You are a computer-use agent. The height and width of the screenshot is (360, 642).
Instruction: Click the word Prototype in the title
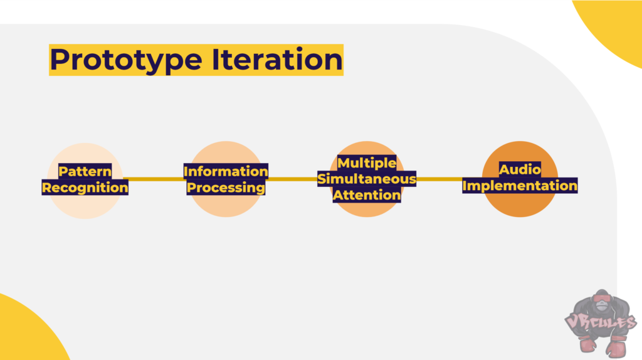point(126,60)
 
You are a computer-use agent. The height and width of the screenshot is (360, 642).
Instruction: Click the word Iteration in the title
point(277,60)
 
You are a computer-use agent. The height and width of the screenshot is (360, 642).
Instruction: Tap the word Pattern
point(85,171)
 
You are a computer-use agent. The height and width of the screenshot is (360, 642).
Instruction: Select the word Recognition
point(85,188)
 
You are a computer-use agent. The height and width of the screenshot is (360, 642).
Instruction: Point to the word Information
point(226,171)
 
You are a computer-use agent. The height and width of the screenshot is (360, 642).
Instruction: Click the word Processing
point(226,188)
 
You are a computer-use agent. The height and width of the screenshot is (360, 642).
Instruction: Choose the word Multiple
point(366,163)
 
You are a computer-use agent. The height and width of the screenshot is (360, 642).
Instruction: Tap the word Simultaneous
point(366,179)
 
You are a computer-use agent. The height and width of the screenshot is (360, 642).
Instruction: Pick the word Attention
point(366,195)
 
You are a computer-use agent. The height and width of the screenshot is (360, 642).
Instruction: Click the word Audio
point(520,169)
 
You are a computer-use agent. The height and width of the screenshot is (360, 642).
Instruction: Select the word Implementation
point(520,186)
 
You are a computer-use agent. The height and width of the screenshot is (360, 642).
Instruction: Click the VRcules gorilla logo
point(601,323)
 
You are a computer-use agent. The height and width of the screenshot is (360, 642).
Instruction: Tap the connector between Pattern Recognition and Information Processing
point(153,179)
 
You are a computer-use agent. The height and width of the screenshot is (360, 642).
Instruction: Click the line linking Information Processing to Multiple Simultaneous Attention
point(292,179)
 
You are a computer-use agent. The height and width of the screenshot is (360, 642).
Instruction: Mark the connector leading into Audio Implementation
point(439,179)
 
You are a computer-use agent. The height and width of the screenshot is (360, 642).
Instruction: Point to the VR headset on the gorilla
point(602,304)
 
